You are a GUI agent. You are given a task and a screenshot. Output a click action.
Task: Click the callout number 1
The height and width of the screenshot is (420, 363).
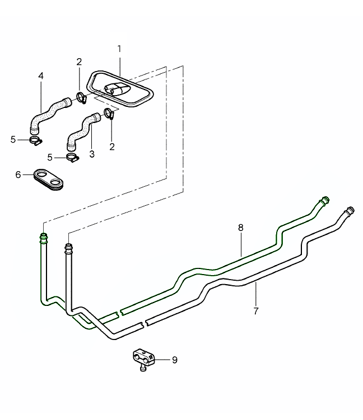[x=119, y=49]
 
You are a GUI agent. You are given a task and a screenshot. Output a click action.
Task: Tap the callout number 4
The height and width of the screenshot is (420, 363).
[x=40, y=75]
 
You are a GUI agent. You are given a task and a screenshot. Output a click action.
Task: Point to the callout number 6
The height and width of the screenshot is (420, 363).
[x=18, y=175]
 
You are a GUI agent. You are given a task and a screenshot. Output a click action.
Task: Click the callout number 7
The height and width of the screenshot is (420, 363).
[x=256, y=311]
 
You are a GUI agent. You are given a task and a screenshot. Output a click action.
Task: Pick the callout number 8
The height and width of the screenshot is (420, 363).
[x=240, y=228]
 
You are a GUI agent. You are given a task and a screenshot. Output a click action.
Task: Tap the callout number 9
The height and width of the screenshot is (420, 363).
[x=174, y=360]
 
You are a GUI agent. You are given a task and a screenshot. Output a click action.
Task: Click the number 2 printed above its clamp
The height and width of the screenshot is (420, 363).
[x=80, y=62]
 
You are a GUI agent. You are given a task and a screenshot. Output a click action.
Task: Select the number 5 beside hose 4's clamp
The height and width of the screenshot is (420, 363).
[x=13, y=139]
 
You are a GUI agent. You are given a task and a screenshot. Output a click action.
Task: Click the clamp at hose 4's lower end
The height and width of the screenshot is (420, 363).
[x=35, y=140]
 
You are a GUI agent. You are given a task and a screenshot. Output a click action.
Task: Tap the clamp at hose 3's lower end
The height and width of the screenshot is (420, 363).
[x=72, y=157]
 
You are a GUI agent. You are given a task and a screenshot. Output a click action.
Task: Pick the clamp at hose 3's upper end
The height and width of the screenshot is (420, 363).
[x=110, y=114]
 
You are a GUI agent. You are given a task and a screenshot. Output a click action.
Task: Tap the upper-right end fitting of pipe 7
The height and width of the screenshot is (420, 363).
[x=349, y=211]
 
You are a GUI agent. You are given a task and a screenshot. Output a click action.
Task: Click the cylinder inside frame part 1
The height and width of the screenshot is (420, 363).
[x=115, y=89]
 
